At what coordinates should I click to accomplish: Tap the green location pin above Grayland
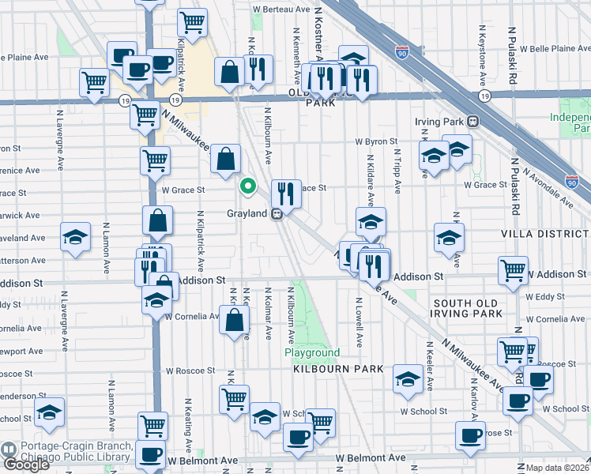pyautogui.click(x=247, y=187)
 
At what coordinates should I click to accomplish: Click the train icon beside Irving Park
pyautogui.click(x=473, y=122)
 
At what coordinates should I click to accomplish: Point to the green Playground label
pyautogui.click(x=312, y=352)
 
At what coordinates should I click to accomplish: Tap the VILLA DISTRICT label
pyautogui.click(x=544, y=235)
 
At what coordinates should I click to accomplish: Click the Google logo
pyautogui.click(x=25, y=465)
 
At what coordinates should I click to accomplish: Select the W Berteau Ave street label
pyautogui.click(x=281, y=9)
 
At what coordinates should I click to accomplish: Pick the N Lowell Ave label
pyautogui.click(x=359, y=322)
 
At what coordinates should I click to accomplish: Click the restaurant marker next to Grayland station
pyautogui.click(x=286, y=193)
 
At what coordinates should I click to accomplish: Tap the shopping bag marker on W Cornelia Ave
pyautogui.click(x=235, y=322)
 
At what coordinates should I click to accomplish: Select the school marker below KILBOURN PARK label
pyautogui.click(x=408, y=379)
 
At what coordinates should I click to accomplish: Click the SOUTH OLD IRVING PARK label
pyautogui.click(x=467, y=308)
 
